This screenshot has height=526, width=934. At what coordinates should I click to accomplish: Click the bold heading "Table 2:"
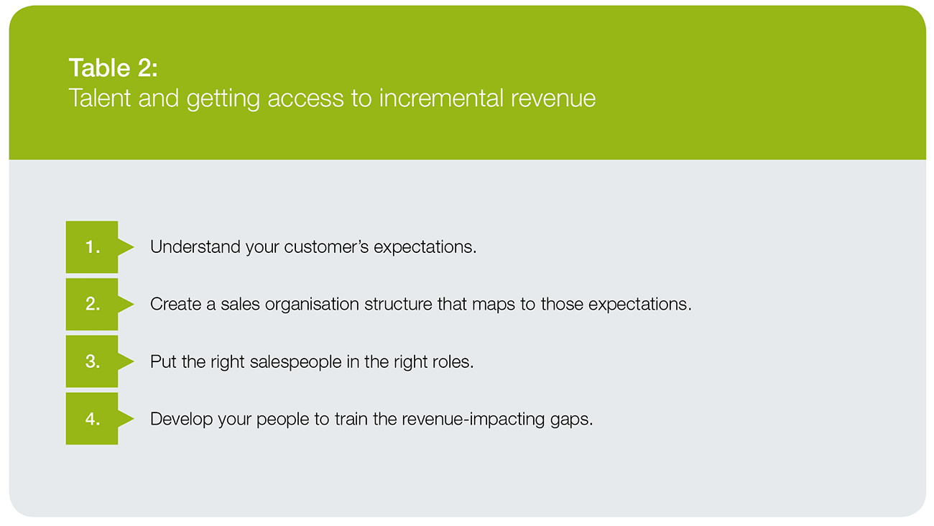point(113,68)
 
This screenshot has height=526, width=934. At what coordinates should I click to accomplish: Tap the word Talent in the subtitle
point(100,98)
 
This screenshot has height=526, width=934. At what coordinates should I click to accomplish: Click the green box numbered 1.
point(92,247)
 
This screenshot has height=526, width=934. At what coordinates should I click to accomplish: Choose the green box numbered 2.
point(92,304)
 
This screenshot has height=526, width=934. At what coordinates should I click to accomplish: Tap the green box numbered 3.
point(92,361)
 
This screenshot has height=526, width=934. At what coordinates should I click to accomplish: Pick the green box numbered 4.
point(92,418)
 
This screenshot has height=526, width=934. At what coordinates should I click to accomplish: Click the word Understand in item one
point(195,247)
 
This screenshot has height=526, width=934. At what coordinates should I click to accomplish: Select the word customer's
point(326,247)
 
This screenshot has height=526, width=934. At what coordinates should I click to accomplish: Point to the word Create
point(175,304)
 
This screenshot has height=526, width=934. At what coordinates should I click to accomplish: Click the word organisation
point(312,305)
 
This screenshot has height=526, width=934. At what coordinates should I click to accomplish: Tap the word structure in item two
point(398,304)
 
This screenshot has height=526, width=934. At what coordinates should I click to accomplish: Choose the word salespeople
point(295,362)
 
